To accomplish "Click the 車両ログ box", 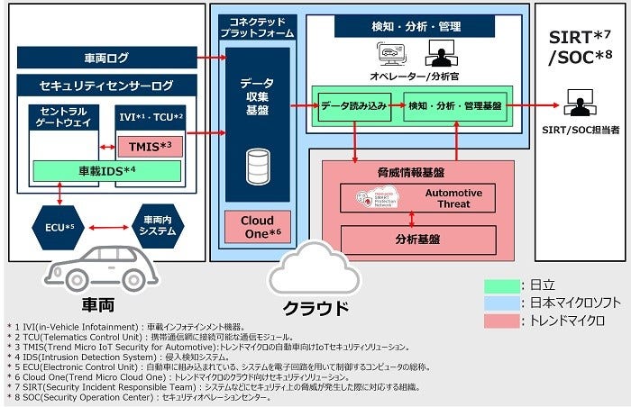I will (x=106, y=59).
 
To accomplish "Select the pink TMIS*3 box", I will (x=151, y=144).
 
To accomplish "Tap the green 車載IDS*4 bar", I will (x=107, y=169).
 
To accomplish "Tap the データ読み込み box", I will (x=354, y=105).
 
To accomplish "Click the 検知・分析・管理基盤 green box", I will (x=453, y=105).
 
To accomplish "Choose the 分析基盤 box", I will (x=418, y=240).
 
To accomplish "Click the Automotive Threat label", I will (x=453, y=198).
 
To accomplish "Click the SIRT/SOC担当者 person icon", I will (x=578, y=102).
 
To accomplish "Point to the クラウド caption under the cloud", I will (x=315, y=308).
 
